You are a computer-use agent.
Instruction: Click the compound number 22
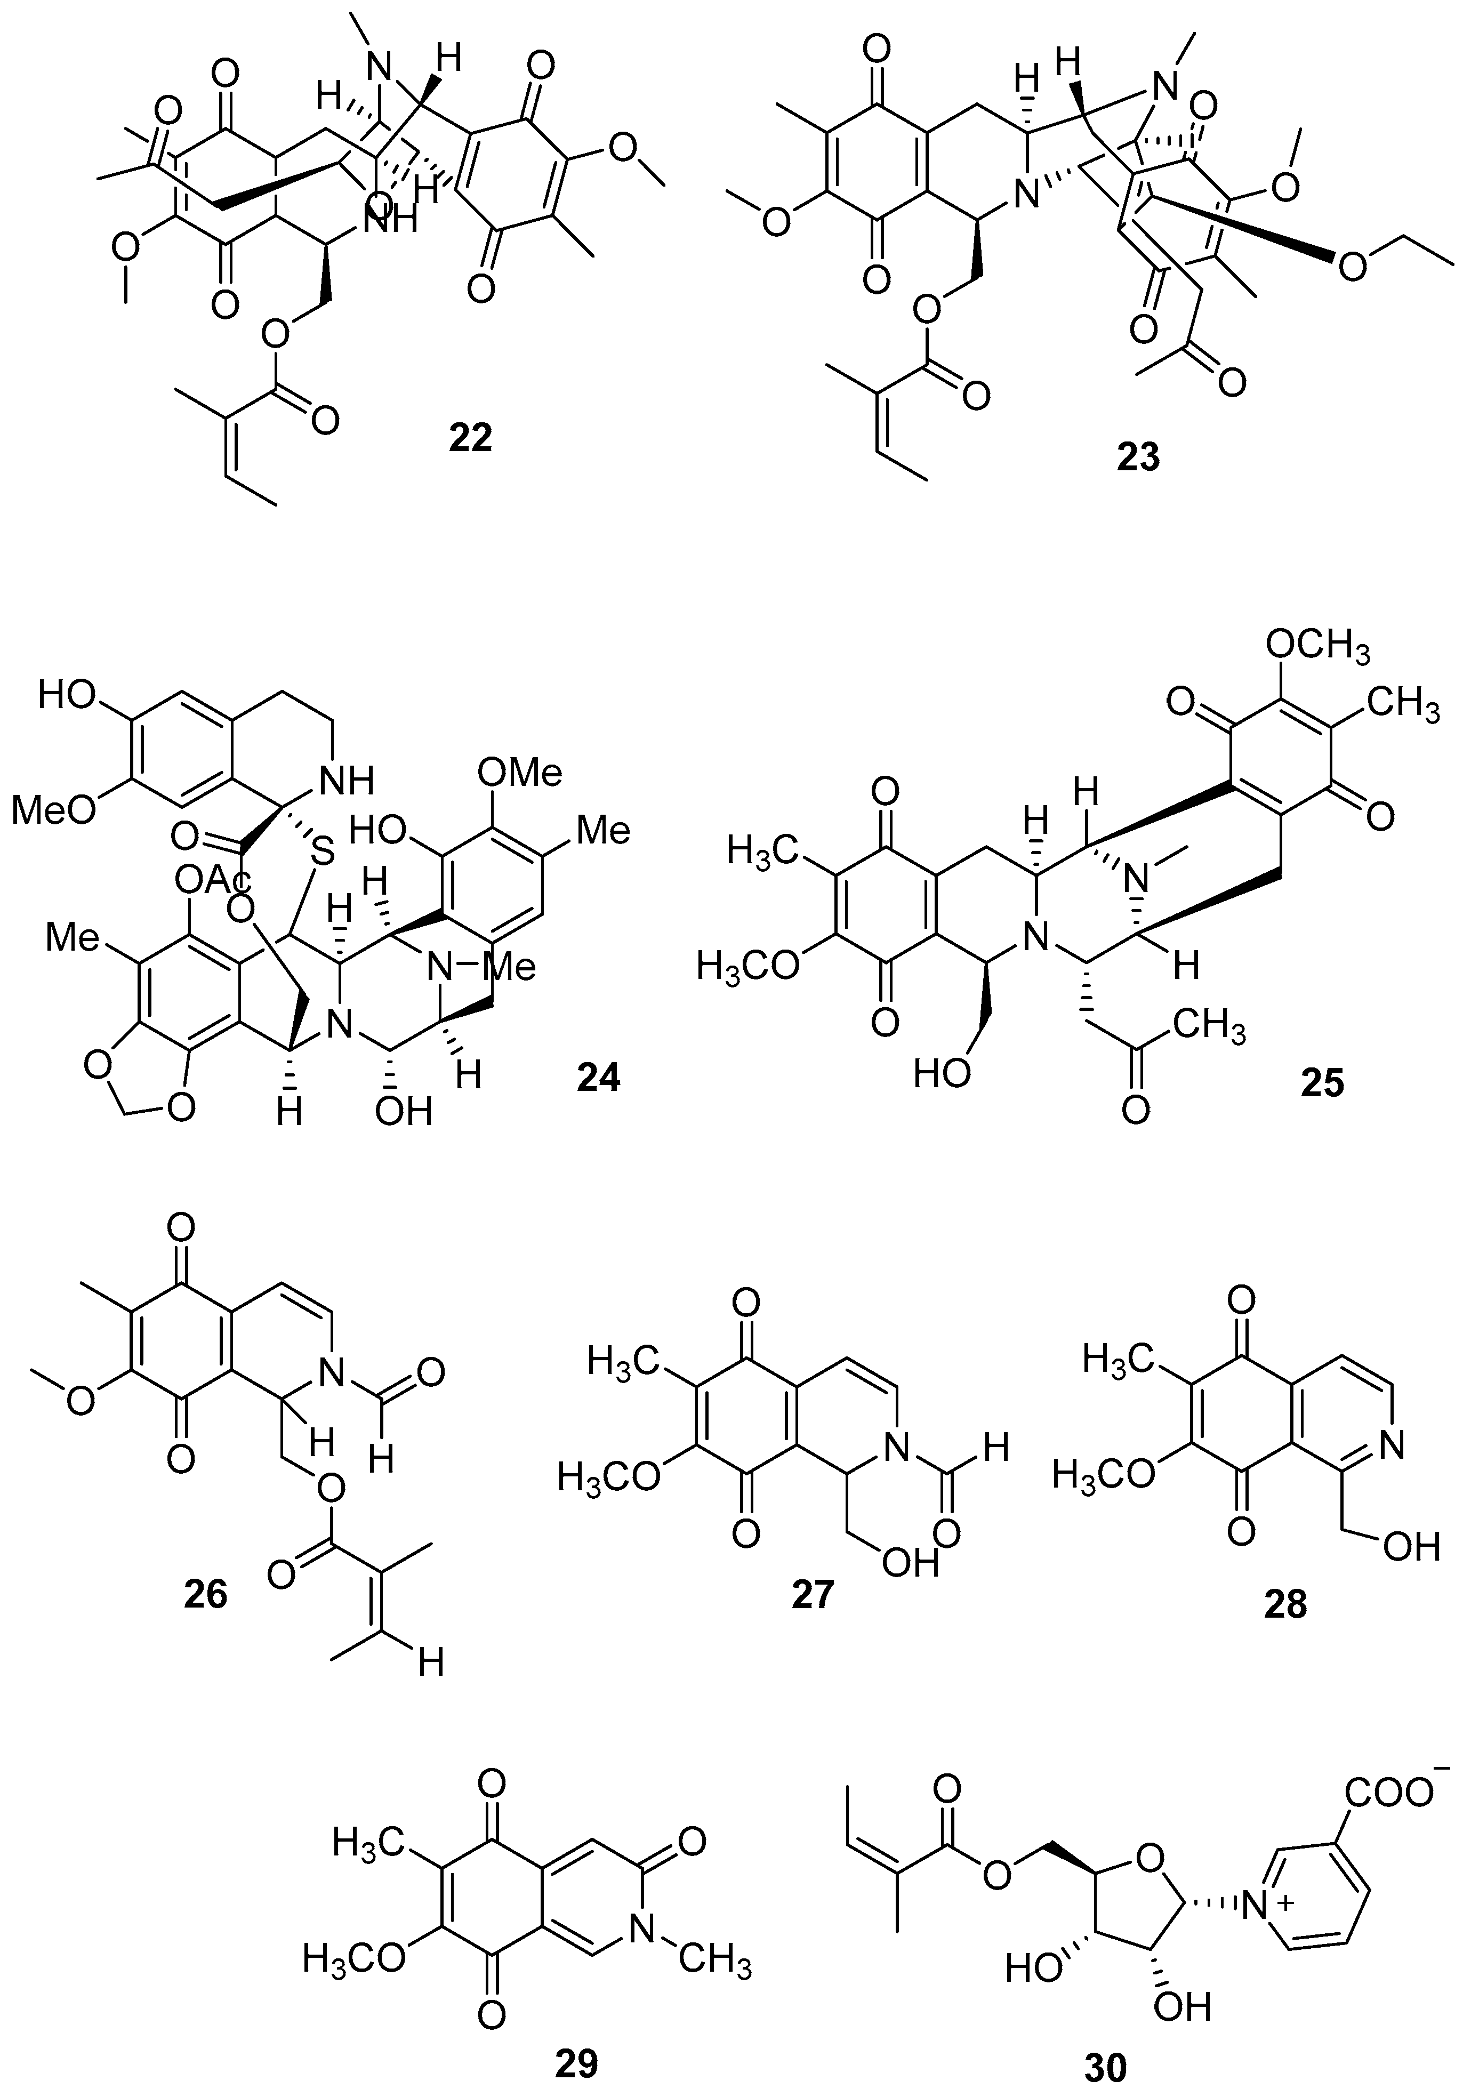(470, 438)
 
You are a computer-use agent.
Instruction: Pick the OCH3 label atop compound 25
(1317, 650)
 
